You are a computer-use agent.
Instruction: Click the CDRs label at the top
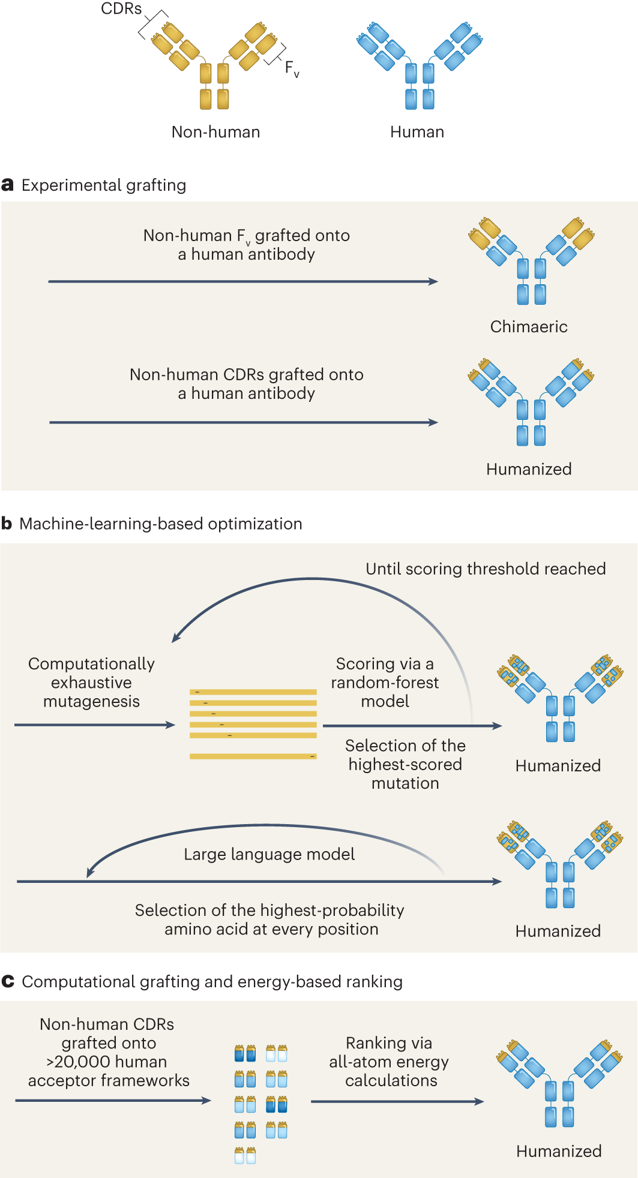[121, 9]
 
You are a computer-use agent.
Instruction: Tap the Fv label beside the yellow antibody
[292, 68]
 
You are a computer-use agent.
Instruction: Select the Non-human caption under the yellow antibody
[215, 132]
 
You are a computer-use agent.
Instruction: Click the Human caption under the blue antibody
[417, 132]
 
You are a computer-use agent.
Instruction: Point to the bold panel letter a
[7, 185]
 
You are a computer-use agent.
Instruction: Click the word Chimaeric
[529, 327]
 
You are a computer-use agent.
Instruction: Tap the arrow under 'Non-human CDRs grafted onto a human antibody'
[243, 422]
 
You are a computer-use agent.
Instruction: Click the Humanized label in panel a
[529, 469]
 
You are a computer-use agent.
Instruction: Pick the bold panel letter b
[7, 524]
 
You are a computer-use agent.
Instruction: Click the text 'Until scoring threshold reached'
[486, 569]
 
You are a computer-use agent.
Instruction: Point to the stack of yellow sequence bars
[253, 724]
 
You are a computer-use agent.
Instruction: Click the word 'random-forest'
[385, 683]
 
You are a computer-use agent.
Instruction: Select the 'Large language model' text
[269, 854]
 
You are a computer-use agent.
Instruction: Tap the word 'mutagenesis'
[91, 701]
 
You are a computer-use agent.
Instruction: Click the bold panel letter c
[8, 981]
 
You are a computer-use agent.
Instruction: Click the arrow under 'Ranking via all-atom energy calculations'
[397, 1101]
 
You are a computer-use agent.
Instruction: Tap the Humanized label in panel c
[559, 1151]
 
